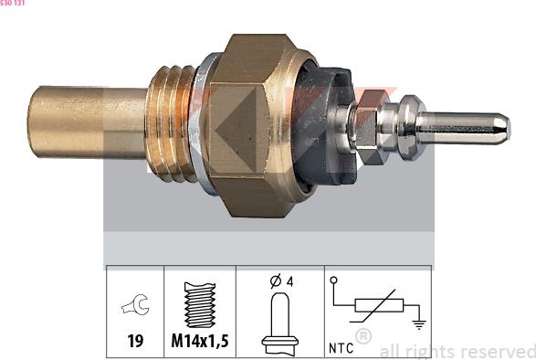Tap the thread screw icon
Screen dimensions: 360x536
[x=200, y=304]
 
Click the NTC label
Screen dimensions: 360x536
[x=340, y=347]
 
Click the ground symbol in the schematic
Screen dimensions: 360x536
[x=417, y=322]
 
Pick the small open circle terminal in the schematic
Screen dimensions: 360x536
[x=334, y=281]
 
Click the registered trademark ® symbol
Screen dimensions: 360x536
[x=363, y=337]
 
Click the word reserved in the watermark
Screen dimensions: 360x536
[x=499, y=351]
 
